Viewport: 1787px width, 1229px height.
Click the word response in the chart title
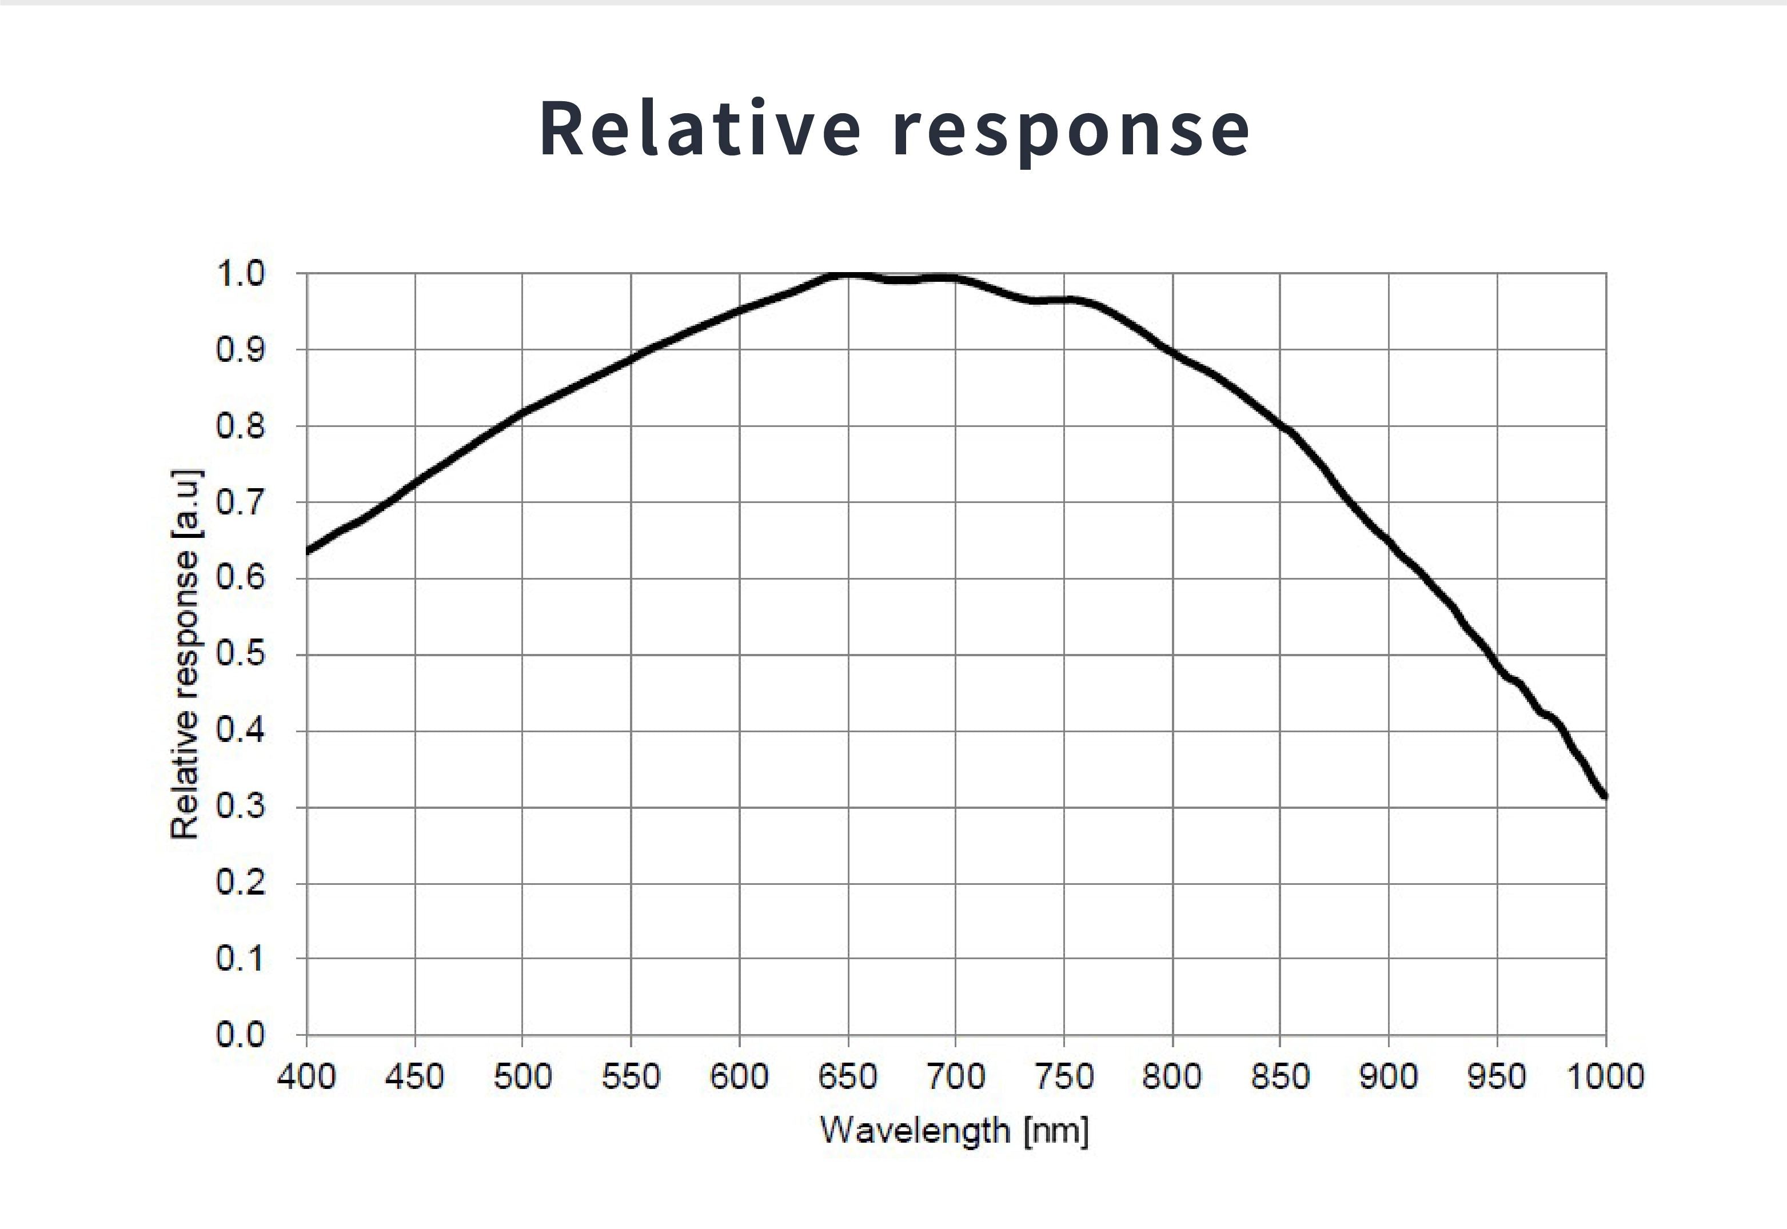tap(1074, 131)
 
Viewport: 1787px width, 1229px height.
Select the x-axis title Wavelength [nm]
tap(954, 1131)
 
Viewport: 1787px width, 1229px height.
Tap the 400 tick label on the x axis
tap(306, 1076)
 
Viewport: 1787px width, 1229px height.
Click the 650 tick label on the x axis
tap(848, 1076)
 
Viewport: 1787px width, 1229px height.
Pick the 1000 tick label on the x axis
tap(1605, 1076)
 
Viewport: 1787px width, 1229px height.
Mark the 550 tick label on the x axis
tap(631, 1076)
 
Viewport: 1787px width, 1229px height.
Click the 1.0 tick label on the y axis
tap(240, 273)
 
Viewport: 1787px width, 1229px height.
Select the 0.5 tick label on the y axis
tap(240, 655)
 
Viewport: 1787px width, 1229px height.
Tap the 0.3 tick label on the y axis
tap(240, 807)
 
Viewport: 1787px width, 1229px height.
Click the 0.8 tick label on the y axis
tap(240, 426)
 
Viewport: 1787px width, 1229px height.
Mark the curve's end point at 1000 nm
tap(1605, 796)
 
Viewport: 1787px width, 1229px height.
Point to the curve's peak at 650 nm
tap(848, 273)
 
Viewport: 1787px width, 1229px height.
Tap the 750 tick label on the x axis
tap(1064, 1076)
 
